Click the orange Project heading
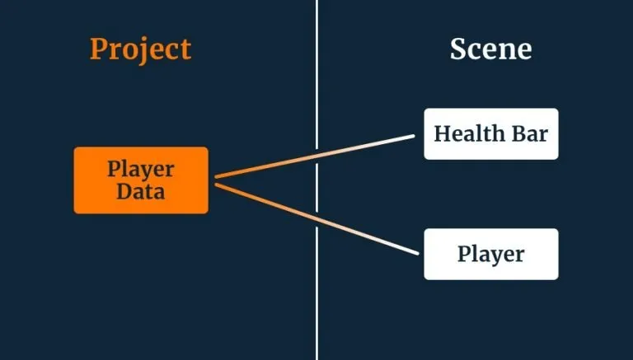(x=140, y=50)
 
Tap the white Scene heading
(x=491, y=49)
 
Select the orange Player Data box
(x=141, y=180)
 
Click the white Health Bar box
(x=491, y=133)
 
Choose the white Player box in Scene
(x=491, y=255)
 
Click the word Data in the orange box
(x=141, y=191)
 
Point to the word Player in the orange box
(x=141, y=170)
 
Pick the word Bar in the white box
(x=530, y=133)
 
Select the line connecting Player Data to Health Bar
(x=315, y=157)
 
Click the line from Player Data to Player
(x=316, y=219)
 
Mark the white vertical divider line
(x=316, y=180)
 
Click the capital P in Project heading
(x=98, y=49)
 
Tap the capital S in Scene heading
(x=458, y=49)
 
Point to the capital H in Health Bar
(x=443, y=133)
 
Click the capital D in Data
(x=124, y=191)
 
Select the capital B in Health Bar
(x=518, y=133)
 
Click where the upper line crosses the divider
(x=316, y=156)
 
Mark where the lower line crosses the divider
(x=316, y=219)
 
